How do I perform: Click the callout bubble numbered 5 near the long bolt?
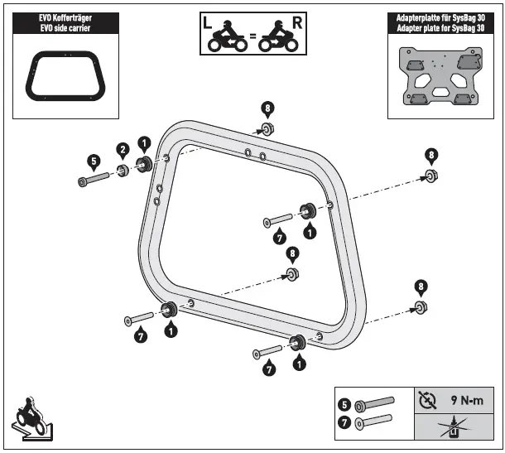pos(94,160)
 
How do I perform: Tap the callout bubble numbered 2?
pos(122,150)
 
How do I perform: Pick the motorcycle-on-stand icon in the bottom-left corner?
pos(32,419)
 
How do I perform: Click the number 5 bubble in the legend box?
pos(344,406)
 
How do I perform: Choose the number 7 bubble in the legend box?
pos(344,424)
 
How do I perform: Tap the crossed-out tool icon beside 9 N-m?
pos(427,400)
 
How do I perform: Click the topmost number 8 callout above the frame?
pos(267,108)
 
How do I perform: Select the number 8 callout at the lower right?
pos(421,287)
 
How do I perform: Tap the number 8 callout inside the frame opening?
pos(291,253)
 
